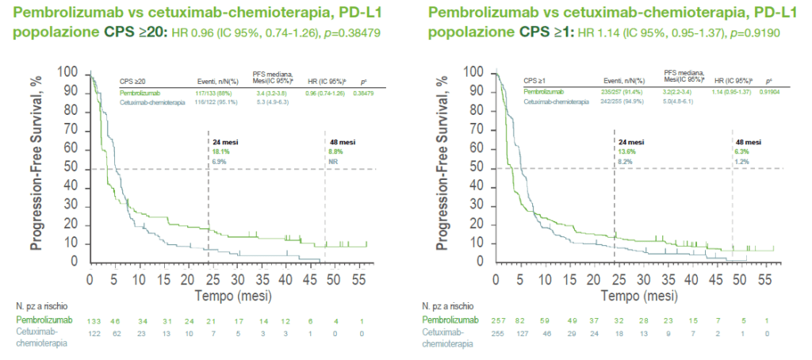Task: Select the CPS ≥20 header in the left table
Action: (x=132, y=81)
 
